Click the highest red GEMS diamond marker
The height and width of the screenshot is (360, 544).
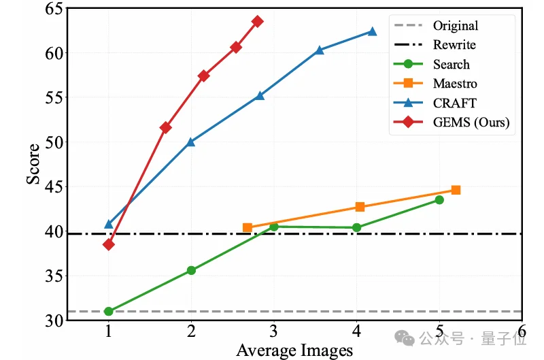click(x=257, y=21)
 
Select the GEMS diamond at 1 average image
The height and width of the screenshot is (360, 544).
click(x=108, y=244)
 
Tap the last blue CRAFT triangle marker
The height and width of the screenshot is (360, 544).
click(x=372, y=31)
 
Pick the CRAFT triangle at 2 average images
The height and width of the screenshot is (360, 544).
click(x=191, y=142)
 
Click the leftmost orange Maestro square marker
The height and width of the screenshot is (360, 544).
click(x=248, y=227)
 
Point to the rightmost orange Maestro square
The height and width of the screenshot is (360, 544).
click(x=456, y=190)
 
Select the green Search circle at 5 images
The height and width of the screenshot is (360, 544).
click(x=439, y=199)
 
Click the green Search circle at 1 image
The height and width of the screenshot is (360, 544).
click(x=108, y=311)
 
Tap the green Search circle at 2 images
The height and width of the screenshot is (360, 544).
click(x=191, y=270)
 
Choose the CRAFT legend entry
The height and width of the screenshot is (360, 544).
click(x=454, y=103)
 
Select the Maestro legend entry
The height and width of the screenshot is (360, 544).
click(x=454, y=84)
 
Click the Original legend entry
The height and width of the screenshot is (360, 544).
click(x=455, y=26)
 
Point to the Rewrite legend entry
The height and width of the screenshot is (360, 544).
click(x=454, y=45)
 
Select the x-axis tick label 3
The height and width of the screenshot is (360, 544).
click(x=274, y=331)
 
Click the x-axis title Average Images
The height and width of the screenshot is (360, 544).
click(x=294, y=350)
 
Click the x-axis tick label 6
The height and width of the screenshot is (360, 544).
click(x=522, y=331)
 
